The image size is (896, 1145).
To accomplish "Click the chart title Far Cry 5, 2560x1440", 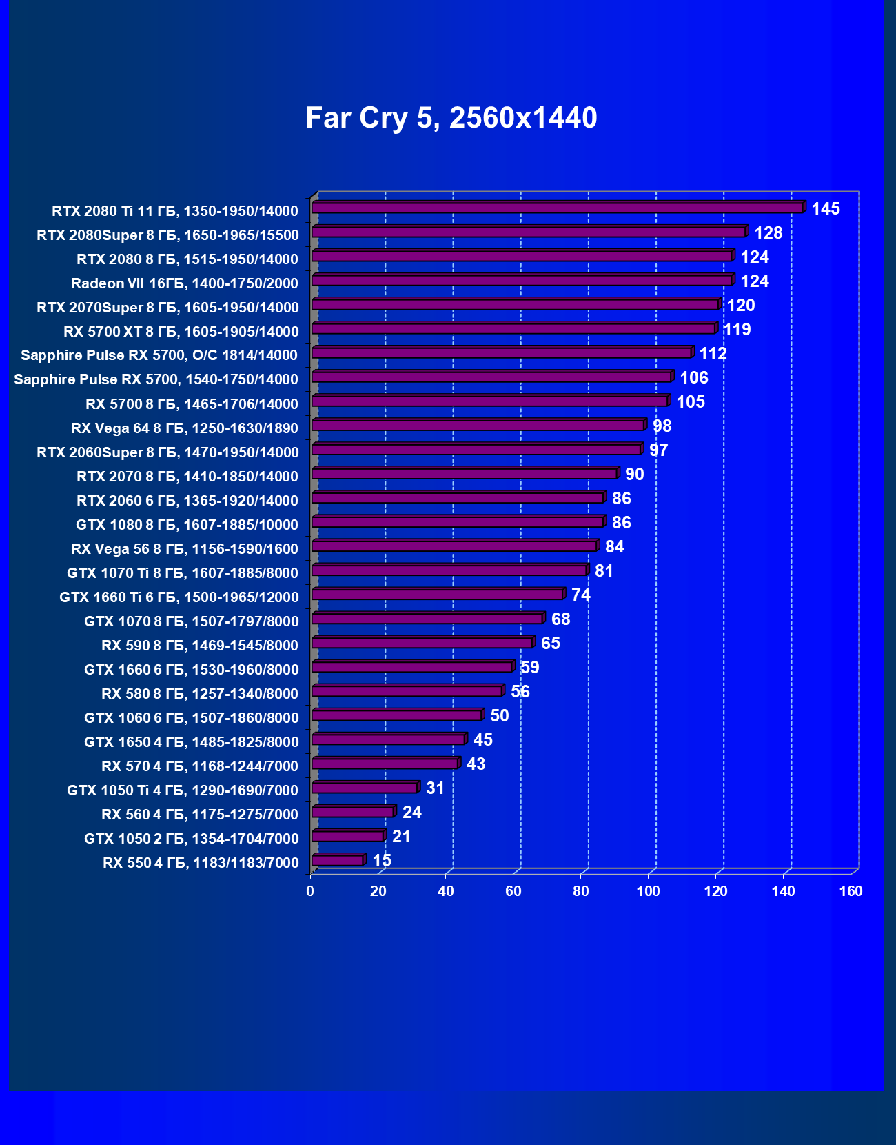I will [x=451, y=118].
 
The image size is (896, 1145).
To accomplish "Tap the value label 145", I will [x=825, y=209].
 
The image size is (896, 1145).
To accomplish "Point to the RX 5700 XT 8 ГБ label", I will [x=181, y=332].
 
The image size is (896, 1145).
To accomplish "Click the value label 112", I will [x=713, y=354].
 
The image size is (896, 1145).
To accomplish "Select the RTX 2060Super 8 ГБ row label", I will [x=167, y=452].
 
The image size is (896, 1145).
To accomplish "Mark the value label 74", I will [x=580, y=595].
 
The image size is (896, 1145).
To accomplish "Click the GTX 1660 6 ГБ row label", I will [x=192, y=670].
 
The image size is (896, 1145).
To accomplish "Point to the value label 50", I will [x=499, y=716].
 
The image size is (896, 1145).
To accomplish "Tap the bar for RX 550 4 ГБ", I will [x=338, y=859].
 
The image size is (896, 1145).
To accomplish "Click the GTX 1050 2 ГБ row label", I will [x=192, y=839].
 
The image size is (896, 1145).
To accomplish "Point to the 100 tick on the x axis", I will [x=648, y=891].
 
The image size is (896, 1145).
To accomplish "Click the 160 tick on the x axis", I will [x=851, y=891].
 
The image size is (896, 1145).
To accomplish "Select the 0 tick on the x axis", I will [x=310, y=891].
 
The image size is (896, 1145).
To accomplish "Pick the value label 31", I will [x=435, y=788].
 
